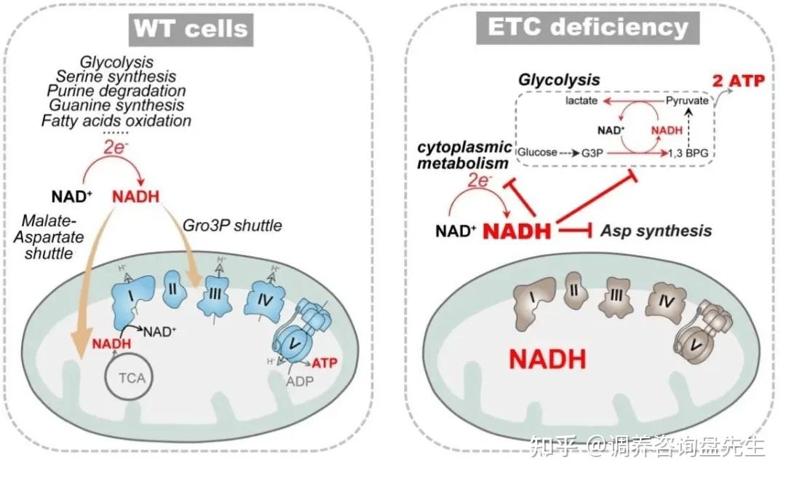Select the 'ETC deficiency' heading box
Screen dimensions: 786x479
tap(587, 28)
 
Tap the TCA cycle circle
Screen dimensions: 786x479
tap(129, 377)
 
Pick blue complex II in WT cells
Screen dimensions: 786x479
tap(175, 289)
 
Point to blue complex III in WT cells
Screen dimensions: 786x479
tap(215, 294)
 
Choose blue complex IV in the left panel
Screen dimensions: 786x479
tap(264, 300)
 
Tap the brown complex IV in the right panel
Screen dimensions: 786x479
tap(666, 301)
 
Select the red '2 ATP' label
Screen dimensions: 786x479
tap(739, 80)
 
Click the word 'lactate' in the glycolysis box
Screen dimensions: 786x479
tap(581, 100)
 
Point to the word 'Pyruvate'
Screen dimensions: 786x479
tap(687, 100)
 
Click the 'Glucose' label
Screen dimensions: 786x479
tap(537, 152)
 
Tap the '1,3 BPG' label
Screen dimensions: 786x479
tap(688, 152)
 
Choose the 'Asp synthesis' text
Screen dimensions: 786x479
tap(656, 231)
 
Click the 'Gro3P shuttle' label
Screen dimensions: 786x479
tap(232, 225)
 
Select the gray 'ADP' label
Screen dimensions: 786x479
tap(300, 381)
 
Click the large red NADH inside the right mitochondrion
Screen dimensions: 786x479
tap(547, 359)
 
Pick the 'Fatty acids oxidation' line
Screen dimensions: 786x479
tap(116, 121)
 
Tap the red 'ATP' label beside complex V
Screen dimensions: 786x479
tap(325, 363)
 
